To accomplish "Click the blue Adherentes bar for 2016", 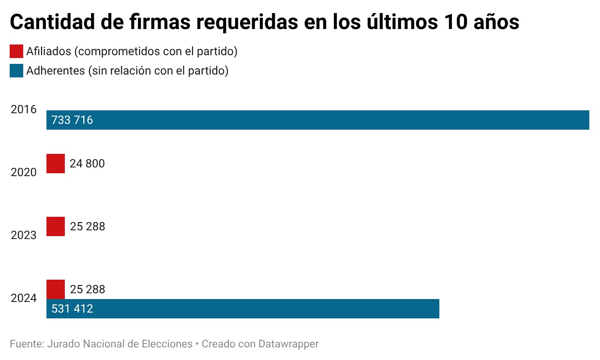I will [317, 120].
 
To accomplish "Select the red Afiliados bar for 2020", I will [56, 164].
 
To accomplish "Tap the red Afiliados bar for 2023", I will [56, 226].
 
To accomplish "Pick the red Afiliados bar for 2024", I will [56, 289].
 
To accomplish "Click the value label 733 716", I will [72, 120].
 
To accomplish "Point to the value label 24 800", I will [87, 164].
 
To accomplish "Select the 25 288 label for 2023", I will [88, 226].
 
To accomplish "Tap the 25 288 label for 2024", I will [88, 289].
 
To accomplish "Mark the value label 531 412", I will [72, 309].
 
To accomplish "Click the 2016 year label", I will [24, 109].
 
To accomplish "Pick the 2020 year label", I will [24, 172].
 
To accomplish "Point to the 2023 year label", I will [24, 235].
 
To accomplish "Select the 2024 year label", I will [24, 298].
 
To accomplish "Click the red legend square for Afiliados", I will [16, 51].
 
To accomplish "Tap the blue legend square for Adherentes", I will [16, 71].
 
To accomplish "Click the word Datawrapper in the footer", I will [288, 344].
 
